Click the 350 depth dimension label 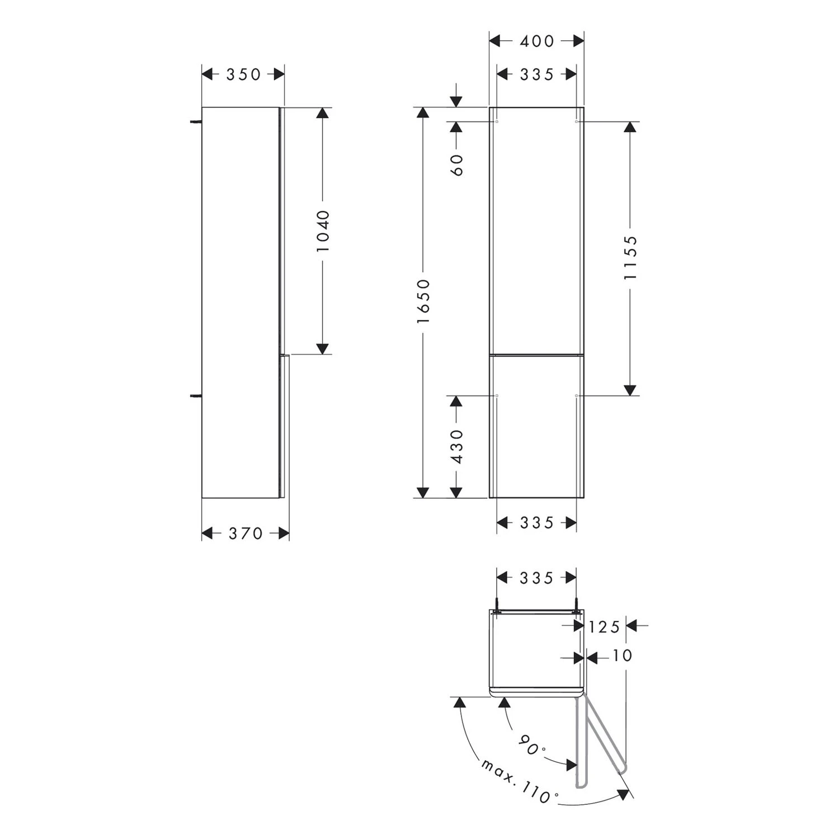(243, 74)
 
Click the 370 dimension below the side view (246, 534)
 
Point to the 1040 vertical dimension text (323, 231)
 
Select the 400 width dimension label (537, 41)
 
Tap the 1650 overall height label (423, 301)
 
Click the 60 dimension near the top (457, 164)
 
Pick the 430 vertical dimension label (457, 446)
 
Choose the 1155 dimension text (630, 257)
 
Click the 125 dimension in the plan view (604, 627)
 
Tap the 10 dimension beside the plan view (622, 656)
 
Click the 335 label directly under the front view (537, 523)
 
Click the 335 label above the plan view (537, 578)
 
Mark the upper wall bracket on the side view (196, 121)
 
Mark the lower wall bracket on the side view (196, 396)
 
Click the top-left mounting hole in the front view (497, 121)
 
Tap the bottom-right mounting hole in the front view (576, 395)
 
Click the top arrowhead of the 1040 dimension (322, 112)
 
